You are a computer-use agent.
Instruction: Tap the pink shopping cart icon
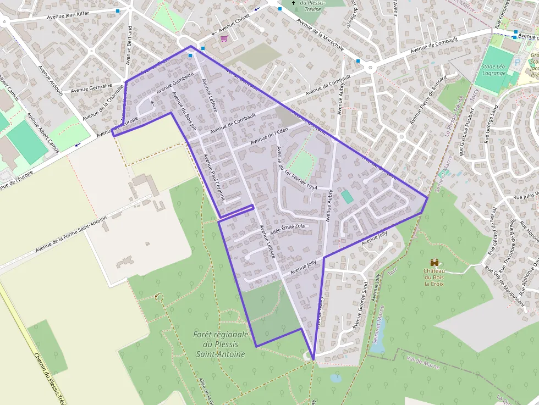[224, 38]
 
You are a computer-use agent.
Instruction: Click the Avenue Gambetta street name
[175, 84]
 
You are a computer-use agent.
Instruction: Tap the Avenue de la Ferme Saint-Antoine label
[71, 234]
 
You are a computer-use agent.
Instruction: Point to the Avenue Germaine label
[91, 87]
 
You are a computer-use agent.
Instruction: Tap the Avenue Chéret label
[234, 24]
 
